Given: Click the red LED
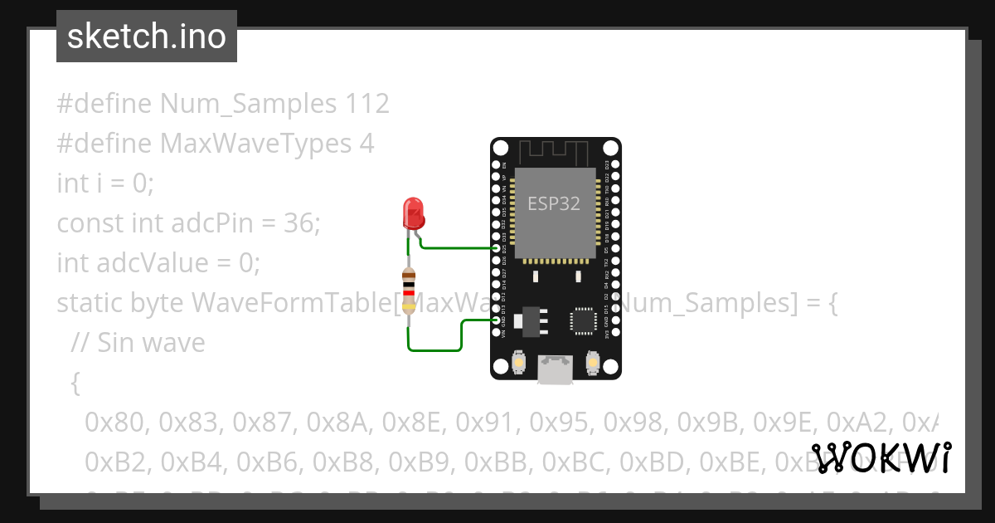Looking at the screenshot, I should pyautogui.click(x=412, y=213).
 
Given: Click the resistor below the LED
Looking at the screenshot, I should pyautogui.click(x=408, y=291).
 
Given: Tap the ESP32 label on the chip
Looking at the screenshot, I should pyautogui.click(x=555, y=203).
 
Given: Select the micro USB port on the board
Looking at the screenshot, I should pyautogui.click(x=555, y=369).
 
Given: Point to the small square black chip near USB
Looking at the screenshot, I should pyautogui.click(x=583, y=321).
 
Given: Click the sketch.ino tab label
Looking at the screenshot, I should pyautogui.click(x=147, y=37).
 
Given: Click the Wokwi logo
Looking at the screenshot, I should pyautogui.click(x=881, y=458).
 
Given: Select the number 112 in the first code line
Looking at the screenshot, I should pyautogui.click(x=363, y=104).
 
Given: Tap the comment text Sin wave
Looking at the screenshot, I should pyautogui.click(x=151, y=342).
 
